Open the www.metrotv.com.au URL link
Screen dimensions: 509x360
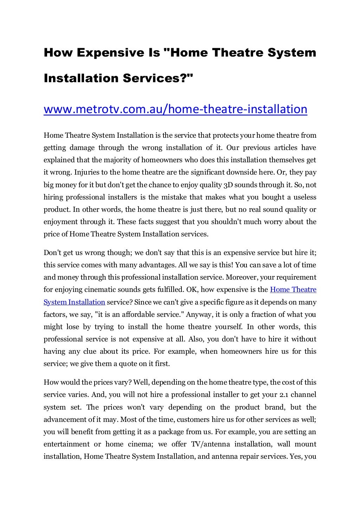coord(175,109)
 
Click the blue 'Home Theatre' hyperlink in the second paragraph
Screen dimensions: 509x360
coord(293,289)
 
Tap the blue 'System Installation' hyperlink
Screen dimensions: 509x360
coord(74,302)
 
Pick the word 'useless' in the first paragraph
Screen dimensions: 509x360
coord(304,197)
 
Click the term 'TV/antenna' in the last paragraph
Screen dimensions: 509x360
coord(210,444)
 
